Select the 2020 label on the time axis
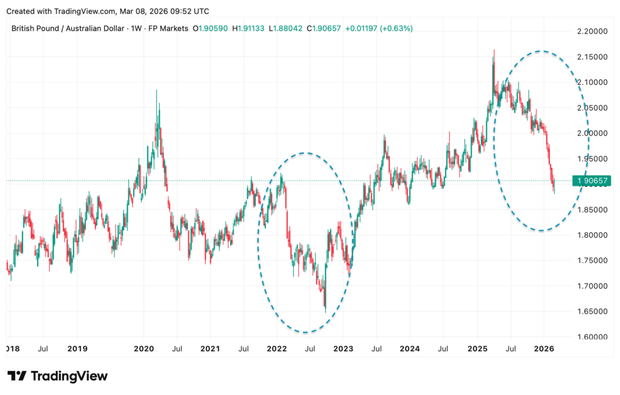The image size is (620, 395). [x=143, y=348]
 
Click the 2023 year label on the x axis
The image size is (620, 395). [x=343, y=348]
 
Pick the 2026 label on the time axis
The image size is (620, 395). [x=543, y=348]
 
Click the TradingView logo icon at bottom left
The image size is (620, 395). [x=16, y=376]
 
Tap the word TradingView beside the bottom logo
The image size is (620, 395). [x=68, y=376]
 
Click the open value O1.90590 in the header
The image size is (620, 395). [x=211, y=28]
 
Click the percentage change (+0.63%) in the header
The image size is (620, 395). [x=396, y=28]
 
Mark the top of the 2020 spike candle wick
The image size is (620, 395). [x=156, y=90]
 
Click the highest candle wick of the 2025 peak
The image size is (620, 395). [x=494, y=50]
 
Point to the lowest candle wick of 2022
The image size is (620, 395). [x=326, y=312]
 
